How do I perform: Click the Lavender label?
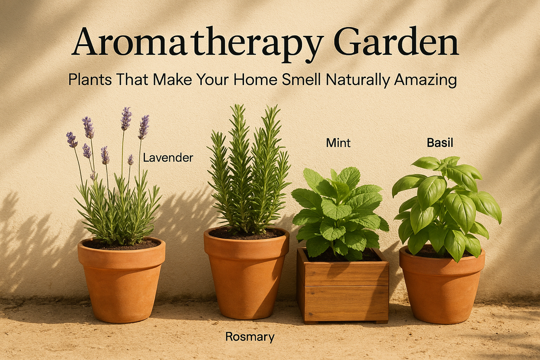pyautogui.click(x=168, y=158)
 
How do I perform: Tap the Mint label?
pyautogui.click(x=338, y=143)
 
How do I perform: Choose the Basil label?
pyautogui.click(x=440, y=143)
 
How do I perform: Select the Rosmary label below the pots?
pyautogui.click(x=249, y=337)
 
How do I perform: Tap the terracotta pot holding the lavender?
pyautogui.click(x=121, y=285)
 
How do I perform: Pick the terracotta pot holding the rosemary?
pyautogui.click(x=246, y=277)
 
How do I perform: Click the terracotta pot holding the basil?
pyautogui.click(x=442, y=285)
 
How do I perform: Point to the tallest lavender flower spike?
pyautogui.click(x=126, y=118)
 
